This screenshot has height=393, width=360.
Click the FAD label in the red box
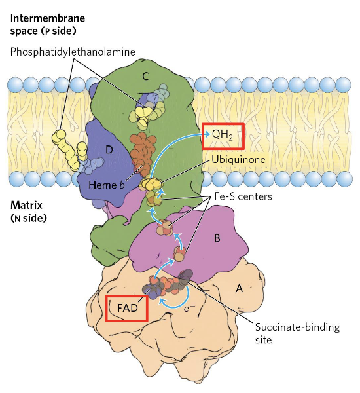[127, 308]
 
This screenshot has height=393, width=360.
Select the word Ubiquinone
[238, 159]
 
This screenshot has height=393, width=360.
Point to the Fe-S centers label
[243, 196]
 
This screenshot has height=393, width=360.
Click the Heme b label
[107, 185]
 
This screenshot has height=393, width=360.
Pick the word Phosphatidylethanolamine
[73, 52]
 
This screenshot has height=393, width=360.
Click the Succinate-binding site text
[297, 333]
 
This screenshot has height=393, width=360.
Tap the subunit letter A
[240, 289]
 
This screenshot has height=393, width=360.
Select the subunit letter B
[217, 238]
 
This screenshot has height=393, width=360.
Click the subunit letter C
[145, 76]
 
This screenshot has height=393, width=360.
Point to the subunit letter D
[109, 149]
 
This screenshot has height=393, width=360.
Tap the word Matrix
[26, 205]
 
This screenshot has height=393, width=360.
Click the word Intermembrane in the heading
[48, 18]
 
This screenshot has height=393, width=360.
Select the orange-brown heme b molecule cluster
[142, 154]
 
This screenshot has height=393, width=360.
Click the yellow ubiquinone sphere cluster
[151, 184]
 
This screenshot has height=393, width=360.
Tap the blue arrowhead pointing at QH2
[207, 134]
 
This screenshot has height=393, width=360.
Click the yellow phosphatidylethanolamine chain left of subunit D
[68, 150]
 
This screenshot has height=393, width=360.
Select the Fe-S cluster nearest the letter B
[179, 253]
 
